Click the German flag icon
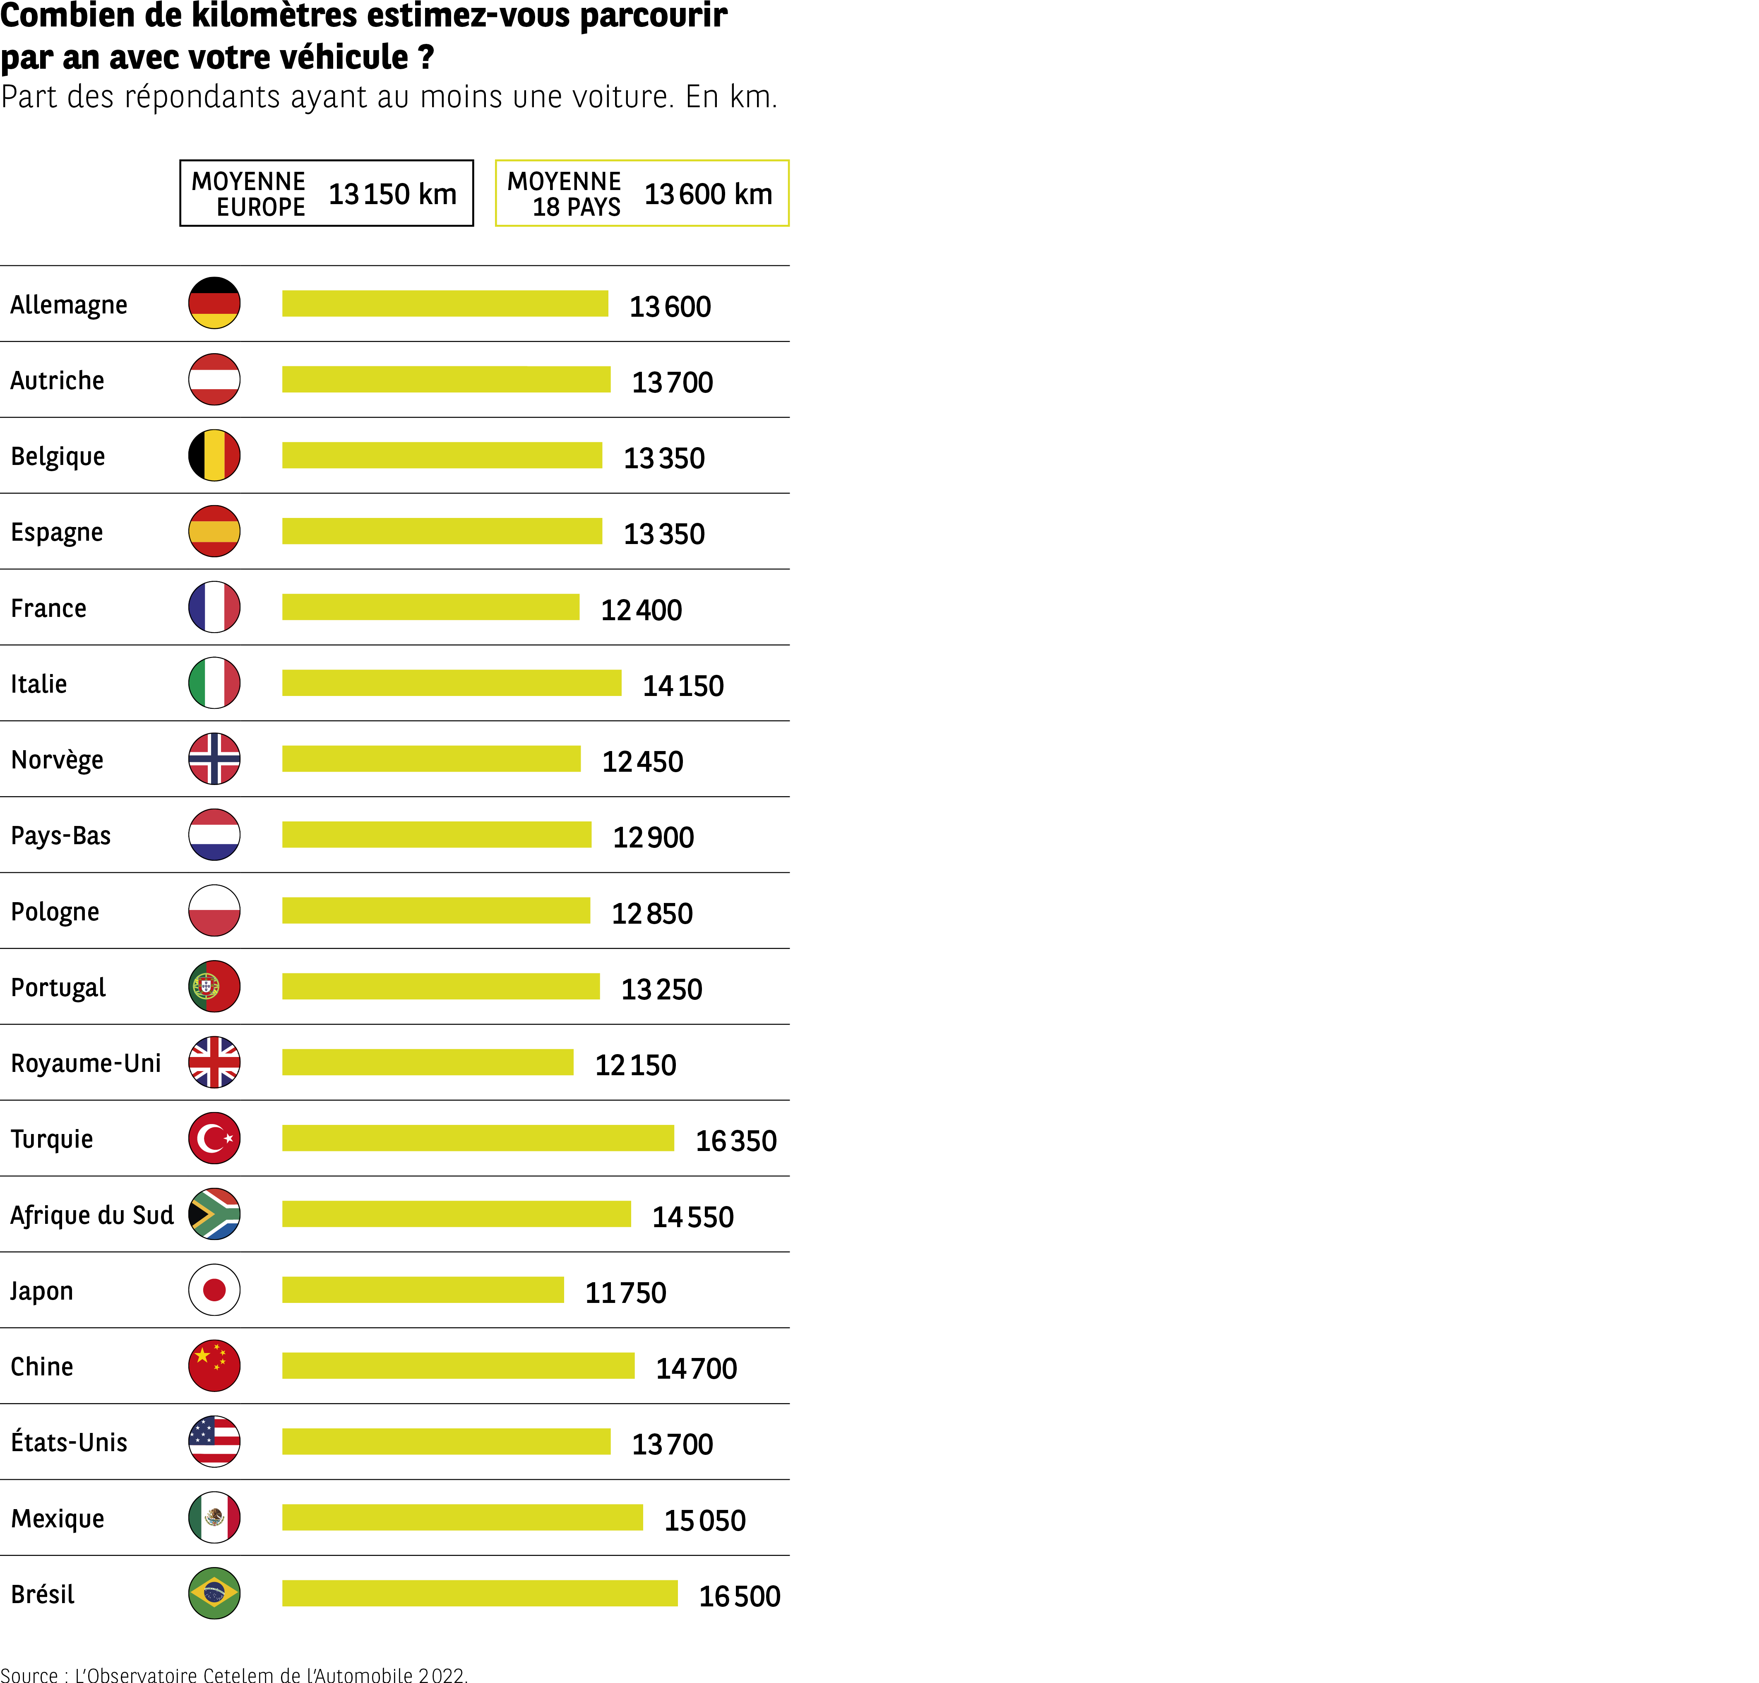214,303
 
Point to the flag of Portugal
214,986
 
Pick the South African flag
214,1214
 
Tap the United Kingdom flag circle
214,1062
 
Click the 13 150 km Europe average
392,194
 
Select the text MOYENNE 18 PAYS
564,194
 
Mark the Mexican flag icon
214,1517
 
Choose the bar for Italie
451,683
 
